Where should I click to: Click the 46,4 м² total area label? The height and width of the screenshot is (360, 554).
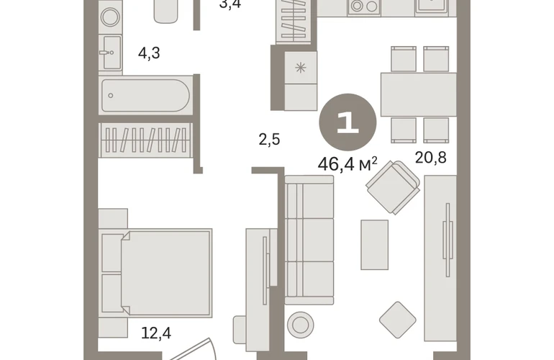pos(348,164)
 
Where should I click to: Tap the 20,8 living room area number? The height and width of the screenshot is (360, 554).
pos(430,158)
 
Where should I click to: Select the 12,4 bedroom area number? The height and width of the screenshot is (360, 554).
pos(156,333)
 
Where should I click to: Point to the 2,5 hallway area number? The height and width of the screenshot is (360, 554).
pos(269,140)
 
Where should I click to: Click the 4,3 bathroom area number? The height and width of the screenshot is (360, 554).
pos(149,53)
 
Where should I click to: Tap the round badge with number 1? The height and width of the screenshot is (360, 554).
pos(348,122)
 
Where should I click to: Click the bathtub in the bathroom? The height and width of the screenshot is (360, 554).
pos(145,96)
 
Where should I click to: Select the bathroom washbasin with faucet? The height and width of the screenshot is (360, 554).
pos(110,53)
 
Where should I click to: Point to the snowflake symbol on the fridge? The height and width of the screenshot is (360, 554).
pos(300,67)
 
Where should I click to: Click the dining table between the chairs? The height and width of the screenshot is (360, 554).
pos(419,94)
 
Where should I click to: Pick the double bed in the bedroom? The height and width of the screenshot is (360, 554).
pos(155,272)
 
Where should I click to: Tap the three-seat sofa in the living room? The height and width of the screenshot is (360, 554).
pos(309,240)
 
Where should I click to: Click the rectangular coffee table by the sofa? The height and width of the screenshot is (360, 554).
pos(375,245)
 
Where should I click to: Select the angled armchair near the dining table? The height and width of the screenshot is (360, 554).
pos(393,187)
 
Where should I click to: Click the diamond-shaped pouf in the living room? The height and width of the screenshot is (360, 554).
pos(397,320)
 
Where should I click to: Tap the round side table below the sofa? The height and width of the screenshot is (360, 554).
pos(300,325)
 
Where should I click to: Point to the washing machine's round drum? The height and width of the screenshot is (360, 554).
pos(110,17)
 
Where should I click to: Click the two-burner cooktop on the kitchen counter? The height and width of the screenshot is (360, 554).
pos(364,6)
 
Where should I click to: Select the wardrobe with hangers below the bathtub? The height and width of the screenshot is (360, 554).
pos(145,140)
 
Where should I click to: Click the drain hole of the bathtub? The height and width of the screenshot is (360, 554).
pos(111,96)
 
